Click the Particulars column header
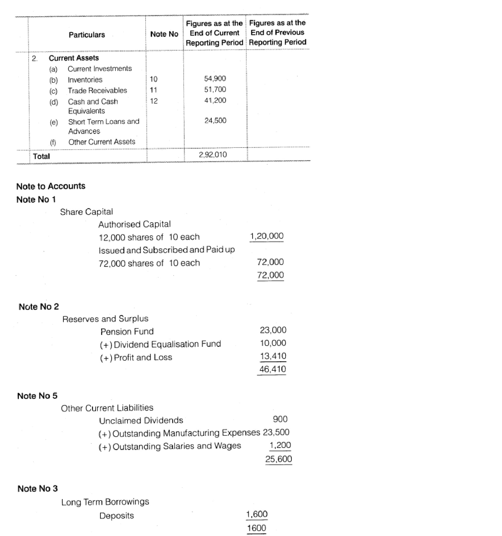pos(87,35)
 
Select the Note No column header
pos(164,34)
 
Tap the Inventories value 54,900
pos(215,79)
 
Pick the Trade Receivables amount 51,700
pos(215,90)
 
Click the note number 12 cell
pos(154,101)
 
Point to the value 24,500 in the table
pos(215,121)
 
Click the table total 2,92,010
pos(213,155)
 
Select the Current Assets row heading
pos(74,58)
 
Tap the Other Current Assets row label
pos(102,142)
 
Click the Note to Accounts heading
pos(51,186)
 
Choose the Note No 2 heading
pos(39,307)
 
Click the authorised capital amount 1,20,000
pos(267,236)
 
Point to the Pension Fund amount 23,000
pos(273,330)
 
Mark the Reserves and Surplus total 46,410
pos(273,369)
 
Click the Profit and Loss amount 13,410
pos(273,356)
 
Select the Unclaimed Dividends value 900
pos(280,419)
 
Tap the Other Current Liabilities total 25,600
pos(278,459)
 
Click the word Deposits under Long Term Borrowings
pos(117,516)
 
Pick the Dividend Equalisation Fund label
pos(167,344)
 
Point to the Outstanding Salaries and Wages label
pos(177,446)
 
